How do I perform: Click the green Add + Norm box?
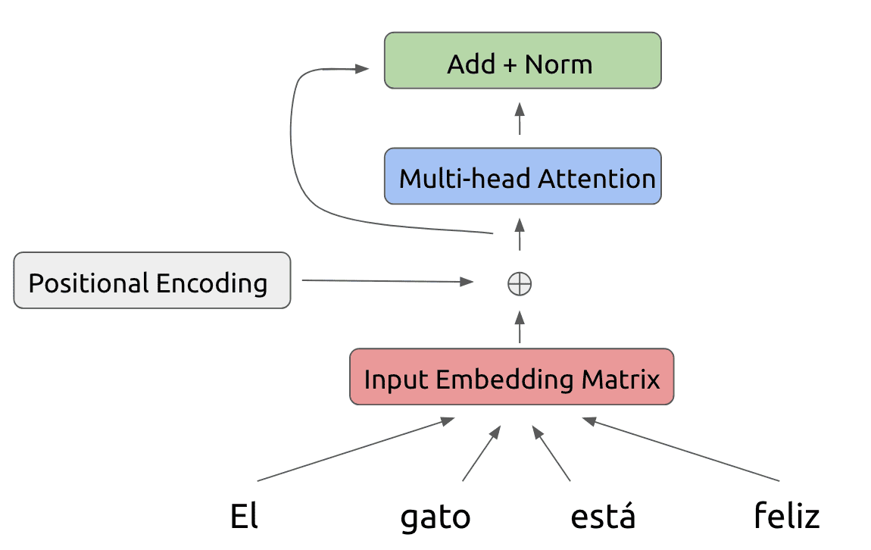523,61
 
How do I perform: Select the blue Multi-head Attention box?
523,176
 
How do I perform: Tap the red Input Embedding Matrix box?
511,377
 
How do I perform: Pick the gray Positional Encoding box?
152,280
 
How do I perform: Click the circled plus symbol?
520,284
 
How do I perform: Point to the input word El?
244,516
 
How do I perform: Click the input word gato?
435,517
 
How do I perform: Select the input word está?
603,515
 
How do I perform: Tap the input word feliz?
787,515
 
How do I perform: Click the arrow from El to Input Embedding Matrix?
355,449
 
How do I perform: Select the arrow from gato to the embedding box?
482,453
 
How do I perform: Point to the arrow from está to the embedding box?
551,453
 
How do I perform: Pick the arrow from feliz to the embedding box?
681,449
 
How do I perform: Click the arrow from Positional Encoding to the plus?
388,281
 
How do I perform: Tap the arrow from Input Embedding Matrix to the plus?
520,327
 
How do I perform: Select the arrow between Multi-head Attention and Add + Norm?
520,118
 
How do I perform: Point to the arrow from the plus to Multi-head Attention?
520,234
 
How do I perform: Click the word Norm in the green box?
559,64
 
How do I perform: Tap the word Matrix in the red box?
620,380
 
